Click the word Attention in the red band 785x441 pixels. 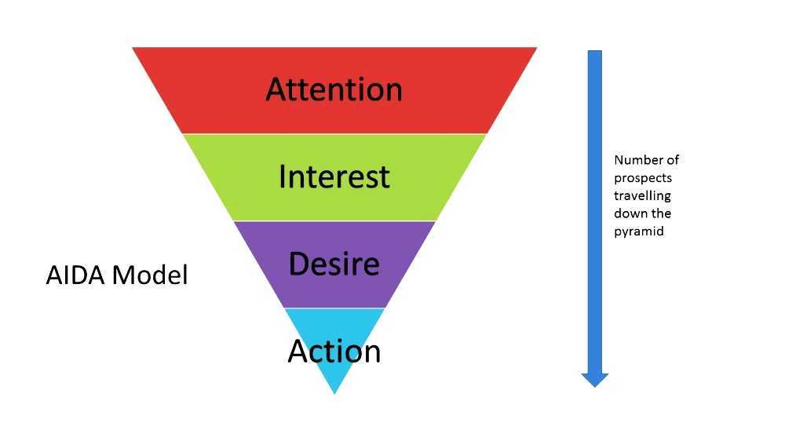pos(334,89)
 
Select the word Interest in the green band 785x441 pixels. pos(334,177)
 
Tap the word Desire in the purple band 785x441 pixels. pos(334,264)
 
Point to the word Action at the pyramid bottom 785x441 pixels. pos(334,351)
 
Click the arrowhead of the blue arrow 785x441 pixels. pos(595,380)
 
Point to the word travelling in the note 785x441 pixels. pos(642,195)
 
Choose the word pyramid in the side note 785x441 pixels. pos(638,231)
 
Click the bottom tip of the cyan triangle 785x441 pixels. pos(334,392)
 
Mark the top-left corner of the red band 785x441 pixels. pos(133,49)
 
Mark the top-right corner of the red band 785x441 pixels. pos(535,49)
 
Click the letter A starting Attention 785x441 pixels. pos(276,89)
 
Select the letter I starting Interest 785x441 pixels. pos(282,177)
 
